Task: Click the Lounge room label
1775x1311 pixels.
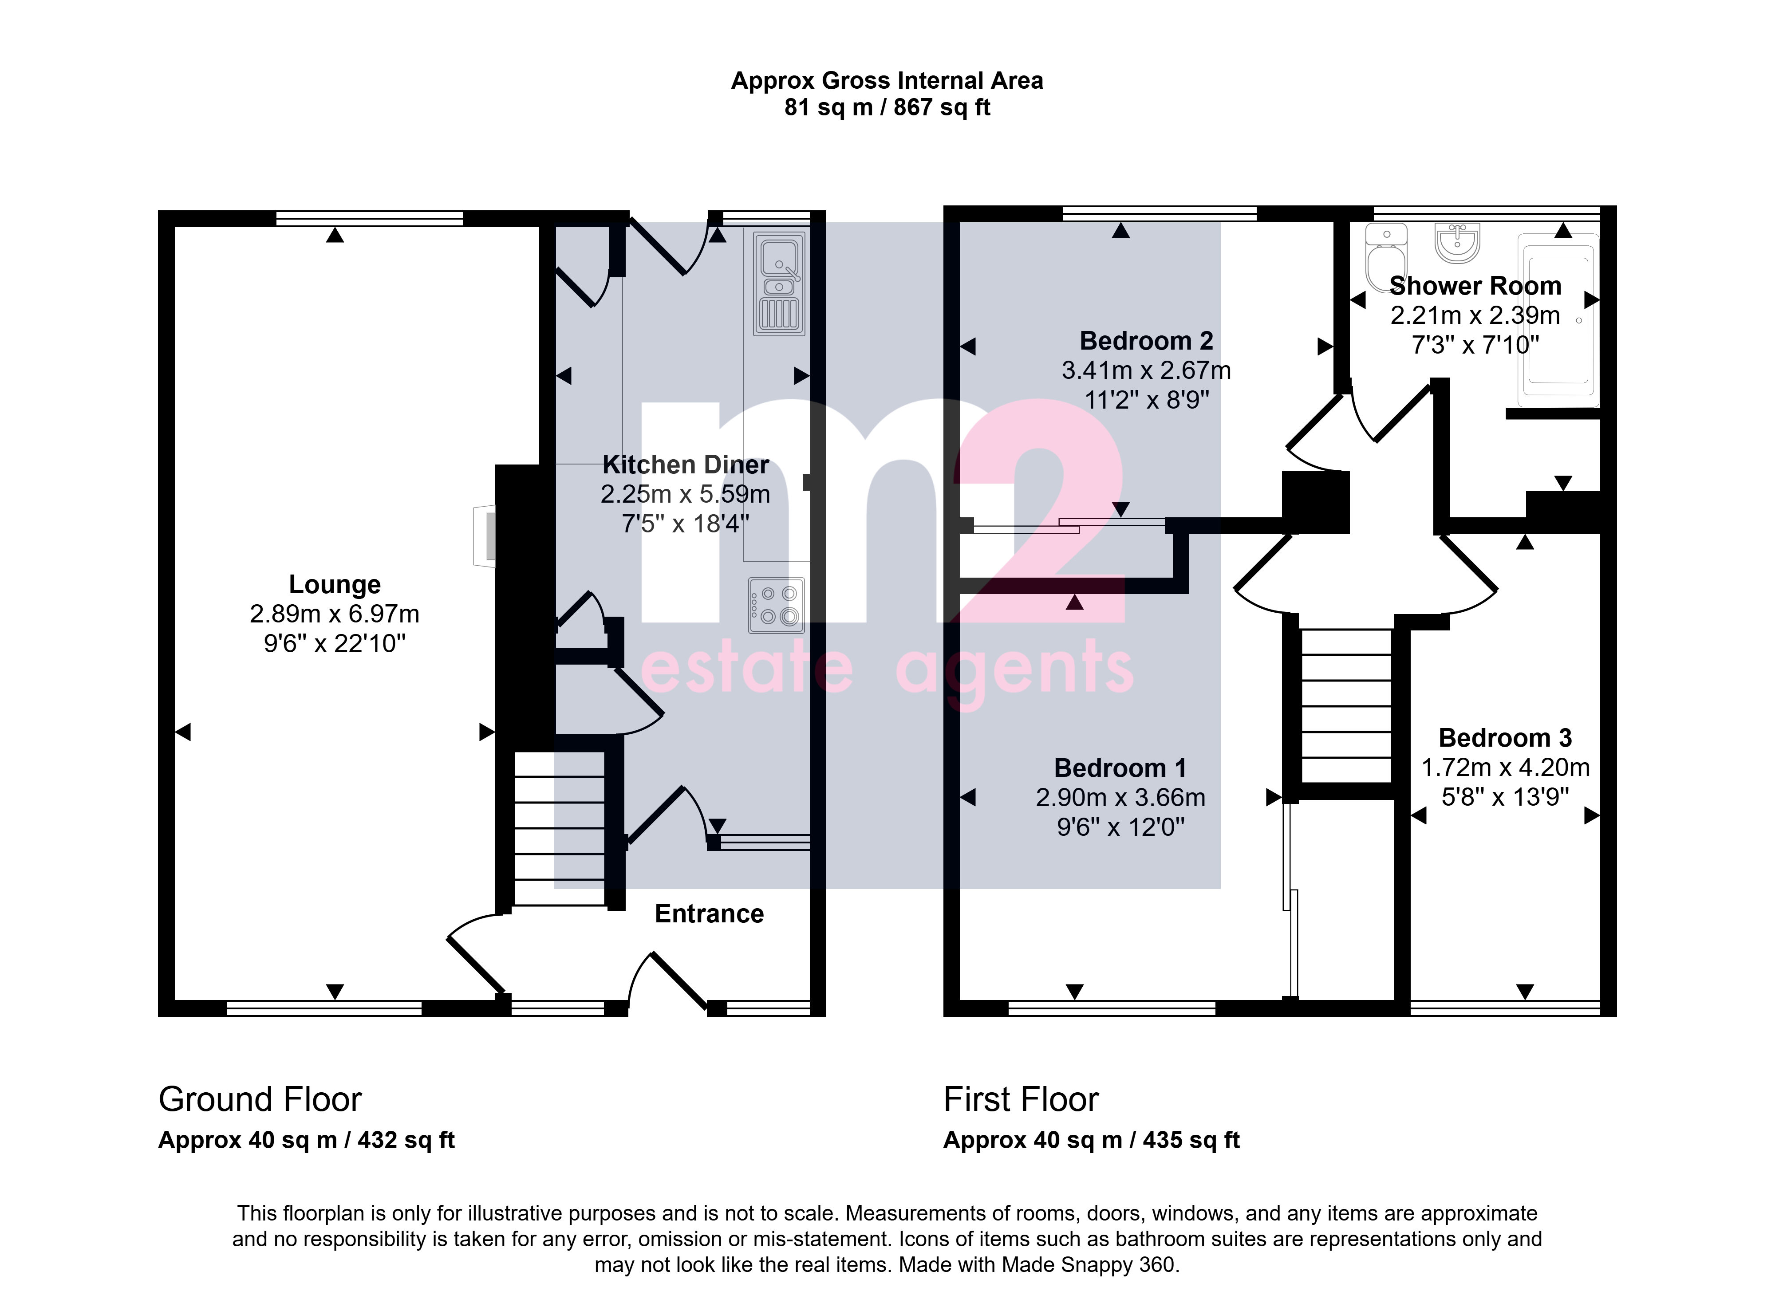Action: [334, 584]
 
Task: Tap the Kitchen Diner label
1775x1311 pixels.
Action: [686, 464]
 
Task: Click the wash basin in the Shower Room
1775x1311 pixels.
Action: [1457, 243]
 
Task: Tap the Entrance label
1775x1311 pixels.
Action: [709, 913]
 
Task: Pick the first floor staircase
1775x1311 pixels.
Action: [1346, 706]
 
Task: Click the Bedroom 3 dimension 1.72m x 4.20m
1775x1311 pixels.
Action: [1505, 768]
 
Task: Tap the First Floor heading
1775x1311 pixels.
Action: [1021, 1099]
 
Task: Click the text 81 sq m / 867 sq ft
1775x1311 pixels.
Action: [887, 107]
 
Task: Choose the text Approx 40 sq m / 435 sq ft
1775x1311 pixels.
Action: [1092, 1140]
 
